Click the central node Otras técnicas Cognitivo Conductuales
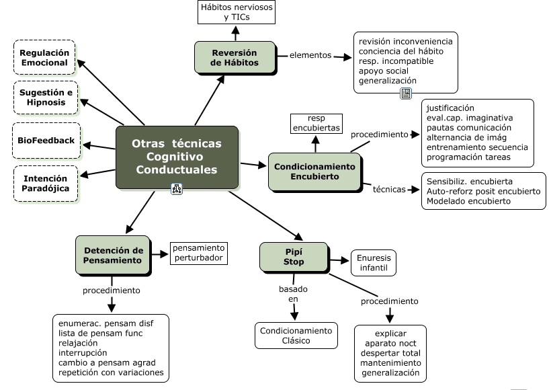pyautogui.click(x=177, y=157)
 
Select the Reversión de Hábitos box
pyautogui.click(x=235, y=57)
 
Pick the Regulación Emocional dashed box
pyautogui.click(x=44, y=57)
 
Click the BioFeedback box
pyautogui.click(x=46, y=141)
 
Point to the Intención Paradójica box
pyautogui.click(x=46, y=184)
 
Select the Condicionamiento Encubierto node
pyautogui.click(x=314, y=171)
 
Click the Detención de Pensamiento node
pyautogui.click(x=113, y=255)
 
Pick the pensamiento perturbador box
pyautogui.click(x=198, y=253)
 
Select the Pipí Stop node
pyautogui.click(x=294, y=256)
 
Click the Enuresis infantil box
pyautogui.click(x=374, y=263)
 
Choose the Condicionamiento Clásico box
pyautogui.click(x=296, y=336)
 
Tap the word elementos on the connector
pyautogui.click(x=310, y=56)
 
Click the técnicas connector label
pyautogui.click(x=389, y=189)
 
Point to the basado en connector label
pyautogui.click(x=294, y=294)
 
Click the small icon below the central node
pyautogui.click(x=177, y=189)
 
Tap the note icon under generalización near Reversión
pyautogui.click(x=405, y=93)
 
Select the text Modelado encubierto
pyautogui.click(x=468, y=200)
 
